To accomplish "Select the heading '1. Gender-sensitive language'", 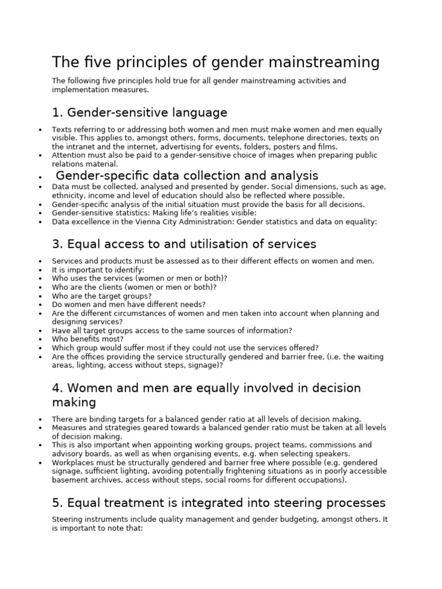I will pyautogui.click(x=139, y=112).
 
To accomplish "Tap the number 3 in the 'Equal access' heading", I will pyautogui.click(x=56, y=244).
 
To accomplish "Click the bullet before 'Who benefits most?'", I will pyautogui.click(x=40, y=340).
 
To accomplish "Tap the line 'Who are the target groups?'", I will pyautogui.click(x=102, y=296).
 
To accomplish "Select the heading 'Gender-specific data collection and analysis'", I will pyautogui.click(x=187, y=175).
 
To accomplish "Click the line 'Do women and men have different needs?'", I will pyautogui.click(x=128, y=305).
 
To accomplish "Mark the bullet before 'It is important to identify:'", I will pyautogui.click(x=40, y=270).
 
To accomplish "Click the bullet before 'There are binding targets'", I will pyautogui.click(x=40, y=420).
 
